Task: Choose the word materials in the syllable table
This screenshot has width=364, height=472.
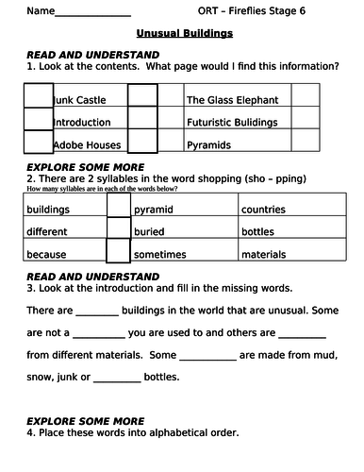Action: point(265,254)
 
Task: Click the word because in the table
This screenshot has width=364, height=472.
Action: point(47,254)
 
